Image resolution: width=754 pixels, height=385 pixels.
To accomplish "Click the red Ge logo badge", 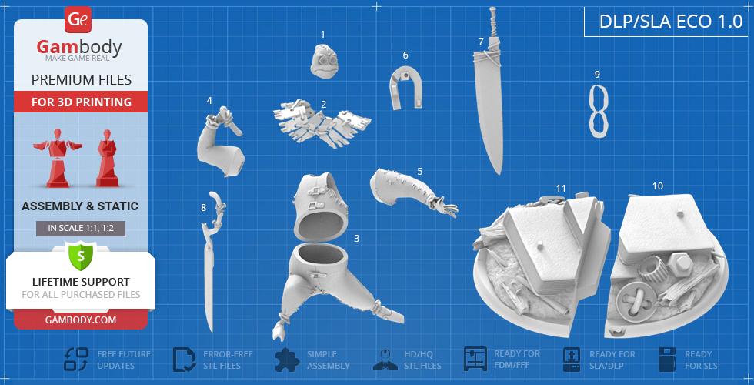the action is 78,20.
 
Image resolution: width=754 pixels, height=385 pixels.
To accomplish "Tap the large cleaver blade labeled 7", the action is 489,91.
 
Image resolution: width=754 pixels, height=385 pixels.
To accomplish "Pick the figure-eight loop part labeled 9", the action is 599,112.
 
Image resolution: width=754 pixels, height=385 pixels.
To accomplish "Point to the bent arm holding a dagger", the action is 220,142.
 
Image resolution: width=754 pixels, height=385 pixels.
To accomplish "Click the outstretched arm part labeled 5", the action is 412,192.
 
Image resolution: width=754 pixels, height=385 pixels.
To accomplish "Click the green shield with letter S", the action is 81,256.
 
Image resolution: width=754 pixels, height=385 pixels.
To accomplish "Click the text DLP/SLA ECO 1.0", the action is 671,22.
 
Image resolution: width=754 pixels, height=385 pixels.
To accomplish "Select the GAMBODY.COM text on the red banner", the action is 81,320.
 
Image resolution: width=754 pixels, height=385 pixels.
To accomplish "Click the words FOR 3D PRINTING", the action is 82,102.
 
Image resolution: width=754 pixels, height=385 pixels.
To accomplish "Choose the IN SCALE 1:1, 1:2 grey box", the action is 81,228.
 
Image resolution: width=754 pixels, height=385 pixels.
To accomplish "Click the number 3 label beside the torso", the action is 356,238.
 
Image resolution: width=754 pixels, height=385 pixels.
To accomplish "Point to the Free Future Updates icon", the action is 76,360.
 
